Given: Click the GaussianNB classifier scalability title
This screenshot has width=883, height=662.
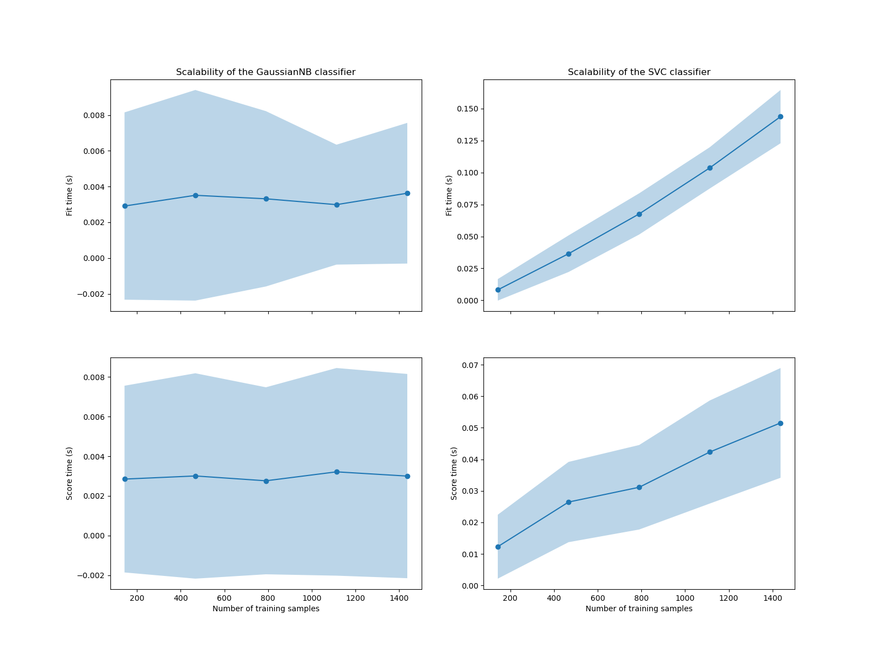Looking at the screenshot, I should (x=265, y=72).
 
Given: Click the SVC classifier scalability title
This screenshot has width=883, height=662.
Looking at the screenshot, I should (x=639, y=72).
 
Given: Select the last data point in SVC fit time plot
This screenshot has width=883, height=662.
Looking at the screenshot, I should (x=780, y=116).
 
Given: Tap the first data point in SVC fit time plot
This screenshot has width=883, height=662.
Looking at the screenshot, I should (x=498, y=290).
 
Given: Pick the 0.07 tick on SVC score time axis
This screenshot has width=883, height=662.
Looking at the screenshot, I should (x=471, y=365).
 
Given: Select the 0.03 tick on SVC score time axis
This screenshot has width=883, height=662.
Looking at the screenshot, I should (x=471, y=491).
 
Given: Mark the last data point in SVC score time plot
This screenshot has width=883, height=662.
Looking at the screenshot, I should (x=780, y=423).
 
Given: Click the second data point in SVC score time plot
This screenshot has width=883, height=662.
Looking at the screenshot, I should (x=568, y=502).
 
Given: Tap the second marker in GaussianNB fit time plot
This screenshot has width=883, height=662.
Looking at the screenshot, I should (x=195, y=195).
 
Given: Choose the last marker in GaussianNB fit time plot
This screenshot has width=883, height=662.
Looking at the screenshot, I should (x=407, y=193).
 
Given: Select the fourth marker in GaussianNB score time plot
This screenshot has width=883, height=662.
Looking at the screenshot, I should (x=337, y=472).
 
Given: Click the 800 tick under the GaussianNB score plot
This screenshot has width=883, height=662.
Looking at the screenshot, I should (x=268, y=598).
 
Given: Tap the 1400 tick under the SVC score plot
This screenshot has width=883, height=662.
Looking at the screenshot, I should (x=772, y=598).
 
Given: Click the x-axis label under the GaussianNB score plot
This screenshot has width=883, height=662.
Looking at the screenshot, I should (x=265, y=608).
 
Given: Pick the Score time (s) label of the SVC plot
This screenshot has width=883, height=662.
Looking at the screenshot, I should (x=454, y=473).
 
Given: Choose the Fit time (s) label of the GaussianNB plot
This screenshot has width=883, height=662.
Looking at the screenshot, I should (x=70, y=195).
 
